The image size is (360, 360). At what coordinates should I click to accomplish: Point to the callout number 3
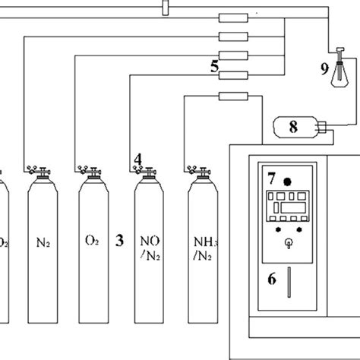119,242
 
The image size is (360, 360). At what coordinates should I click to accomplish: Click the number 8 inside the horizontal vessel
292,127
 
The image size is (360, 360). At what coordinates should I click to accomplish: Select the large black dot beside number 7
288,182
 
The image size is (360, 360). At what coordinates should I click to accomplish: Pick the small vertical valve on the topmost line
166,8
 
